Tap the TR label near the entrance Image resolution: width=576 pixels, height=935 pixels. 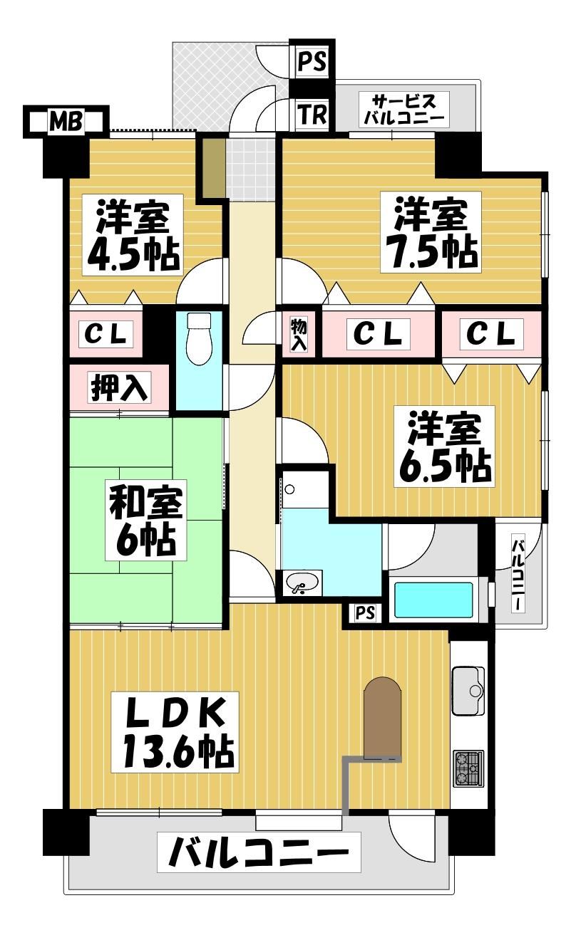pyautogui.click(x=312, y=115)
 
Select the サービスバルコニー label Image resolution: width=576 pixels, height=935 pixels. pyautogui.click(x=403, y=110)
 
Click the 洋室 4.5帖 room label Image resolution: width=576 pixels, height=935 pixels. pyautogui.click(x=133, y=234)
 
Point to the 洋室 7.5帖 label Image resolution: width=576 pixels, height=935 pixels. pyautogui.click(x=431, y=232)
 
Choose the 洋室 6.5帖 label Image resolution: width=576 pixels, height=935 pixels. pyautogui.click(x=444, y=446)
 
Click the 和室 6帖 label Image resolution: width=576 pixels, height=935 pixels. pyautogui.click(x=145, y=520)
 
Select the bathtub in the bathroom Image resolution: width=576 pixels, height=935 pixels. pyautogui.click(x=433, y=600)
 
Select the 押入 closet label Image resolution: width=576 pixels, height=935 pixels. pyautogui.click(x=119, y=389)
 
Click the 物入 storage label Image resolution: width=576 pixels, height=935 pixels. pyautogui.click(x=299, y=335)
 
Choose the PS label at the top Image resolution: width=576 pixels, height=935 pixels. pyautogui.click(x=312, y=62)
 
